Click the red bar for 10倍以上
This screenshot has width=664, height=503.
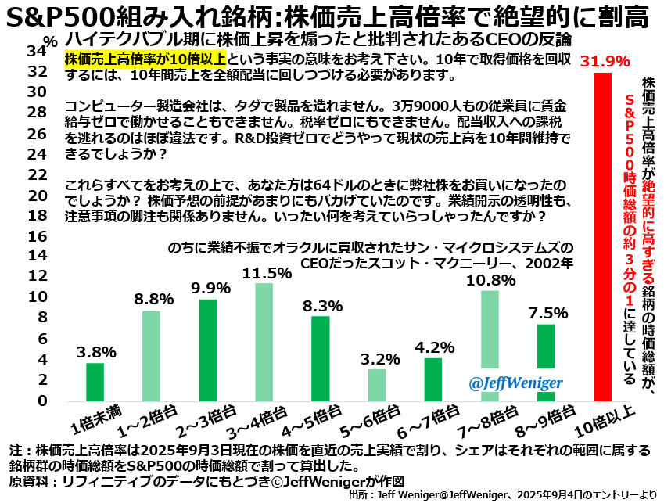[x=602, y=236]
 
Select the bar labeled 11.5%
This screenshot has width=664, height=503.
[x=264, y=342]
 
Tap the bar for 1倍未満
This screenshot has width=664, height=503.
[x=95, y=382]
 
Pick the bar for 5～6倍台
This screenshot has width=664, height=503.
[x=377, y=384]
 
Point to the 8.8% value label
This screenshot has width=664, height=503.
[x=152, y=299]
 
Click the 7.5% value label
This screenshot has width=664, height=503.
[x=545, y=312]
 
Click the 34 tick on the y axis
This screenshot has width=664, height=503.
[x=34, y=52]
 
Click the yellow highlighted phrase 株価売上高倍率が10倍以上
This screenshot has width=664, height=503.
[x=146, y=59]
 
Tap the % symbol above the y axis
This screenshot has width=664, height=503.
[x=51, y=38]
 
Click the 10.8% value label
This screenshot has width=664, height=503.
[x=490, y=279]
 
